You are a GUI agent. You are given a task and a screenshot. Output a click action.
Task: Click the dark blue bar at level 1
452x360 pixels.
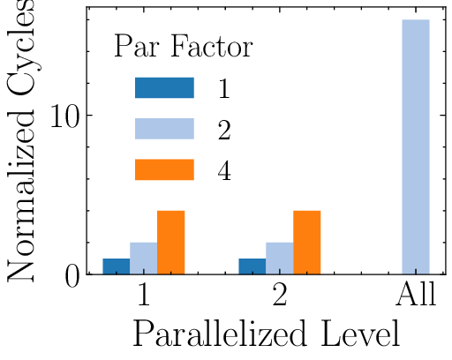[x=116, y=266]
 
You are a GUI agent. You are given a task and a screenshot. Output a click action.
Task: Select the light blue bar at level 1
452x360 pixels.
[x=143, y=258]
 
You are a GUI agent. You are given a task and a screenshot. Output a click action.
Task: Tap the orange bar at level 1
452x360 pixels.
[x=170, y=242]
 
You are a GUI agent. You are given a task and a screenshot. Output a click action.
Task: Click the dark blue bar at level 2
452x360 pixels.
[x=252, y=266]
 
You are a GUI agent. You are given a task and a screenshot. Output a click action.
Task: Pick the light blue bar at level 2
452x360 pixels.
[x=280, y=258]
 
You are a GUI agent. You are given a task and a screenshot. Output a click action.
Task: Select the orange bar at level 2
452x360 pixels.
[x=307, y=242]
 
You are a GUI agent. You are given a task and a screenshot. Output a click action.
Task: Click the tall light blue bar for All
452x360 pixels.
[x=416, y=146]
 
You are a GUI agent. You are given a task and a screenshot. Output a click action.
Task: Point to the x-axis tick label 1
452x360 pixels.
[x=143, y=296]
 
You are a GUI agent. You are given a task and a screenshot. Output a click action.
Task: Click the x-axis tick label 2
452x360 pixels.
[x=280, y=296]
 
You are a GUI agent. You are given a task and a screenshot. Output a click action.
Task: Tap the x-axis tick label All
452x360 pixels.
[x=416, y=296]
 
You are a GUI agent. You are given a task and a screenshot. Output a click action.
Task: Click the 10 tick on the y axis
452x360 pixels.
[x=66, y=116]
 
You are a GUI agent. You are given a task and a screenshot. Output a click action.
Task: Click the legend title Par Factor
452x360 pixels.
[x=184, y=48]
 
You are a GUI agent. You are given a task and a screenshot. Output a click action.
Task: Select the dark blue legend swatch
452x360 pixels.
[x=164, y=88]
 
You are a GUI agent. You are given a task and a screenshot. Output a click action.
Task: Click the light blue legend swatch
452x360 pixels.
[x=164, y=129]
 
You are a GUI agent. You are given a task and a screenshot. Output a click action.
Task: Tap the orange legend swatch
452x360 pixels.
[x=164, y=169]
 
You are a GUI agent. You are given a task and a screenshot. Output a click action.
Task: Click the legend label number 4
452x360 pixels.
[x=224, y=170]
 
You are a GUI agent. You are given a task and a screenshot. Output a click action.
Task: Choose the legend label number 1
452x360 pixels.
[x=224, y=88]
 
